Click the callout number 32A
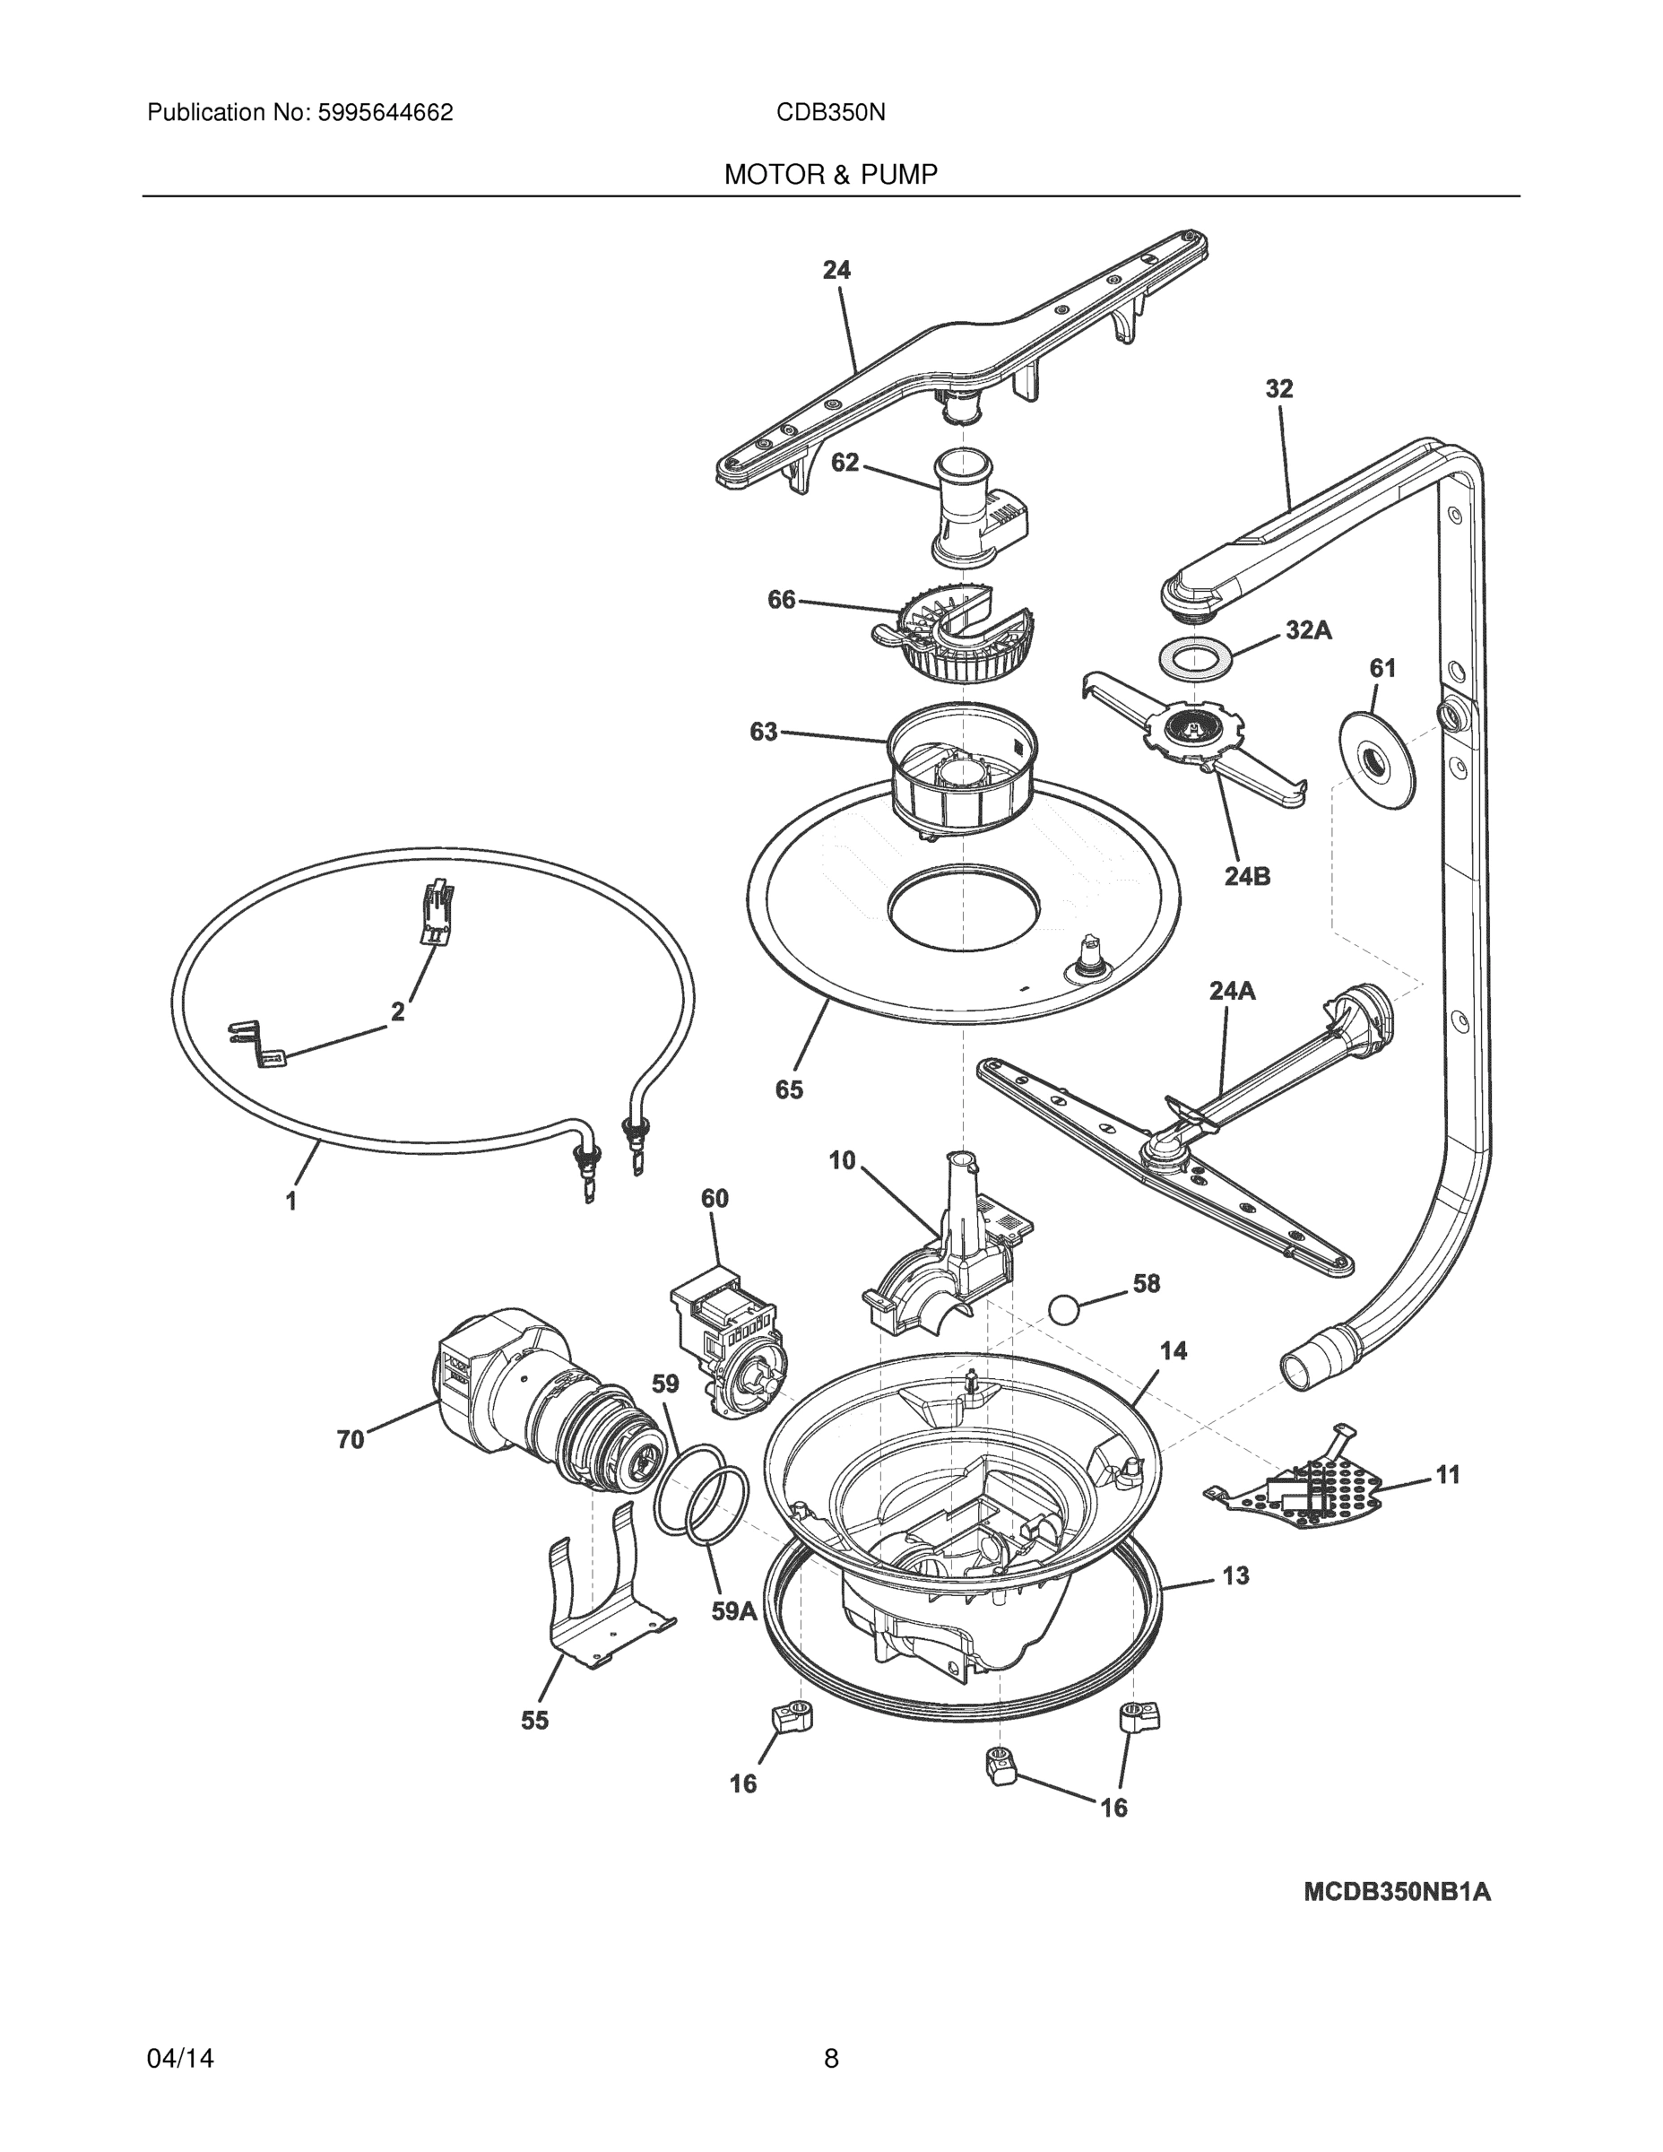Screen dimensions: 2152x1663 pyautogui.click(x=1308, y=630)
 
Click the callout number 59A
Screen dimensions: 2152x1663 pyautogui.click(x=734, y=1611)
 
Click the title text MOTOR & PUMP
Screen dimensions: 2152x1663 pyautogui.click(x=830, y=175)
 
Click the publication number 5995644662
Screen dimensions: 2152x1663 pyautogui.click(x=385, y=112)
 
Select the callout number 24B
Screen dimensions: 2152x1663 pyautogui.click(x=1247, y=875)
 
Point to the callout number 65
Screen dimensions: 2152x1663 pyautogui.click(x=789, y=1089)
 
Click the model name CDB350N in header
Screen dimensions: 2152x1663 pyautogui.click(x=830, y=112)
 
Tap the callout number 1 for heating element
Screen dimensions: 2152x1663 pyautogui.click(x=290, y=1202)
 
